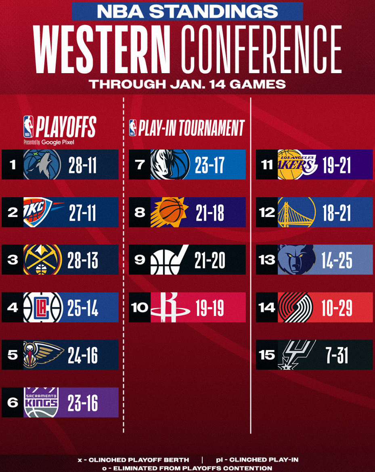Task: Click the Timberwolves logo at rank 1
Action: (x=42, y=164)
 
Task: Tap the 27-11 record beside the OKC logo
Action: (x=82, y=213)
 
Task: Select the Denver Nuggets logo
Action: (x=42, y=260)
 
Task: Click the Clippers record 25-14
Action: (x=83, y=308)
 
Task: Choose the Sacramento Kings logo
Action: (x=41, y=402)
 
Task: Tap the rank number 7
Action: (x=140, y=164)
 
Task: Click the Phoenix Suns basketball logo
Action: (x=170, y=212)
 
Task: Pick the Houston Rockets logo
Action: (x=170, y=308)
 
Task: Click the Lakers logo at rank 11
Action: (x=297, y=164)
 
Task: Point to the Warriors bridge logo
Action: (x=297, y=212)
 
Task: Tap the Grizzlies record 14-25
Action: (x=337, y=260)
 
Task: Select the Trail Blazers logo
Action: (x=295, y=308)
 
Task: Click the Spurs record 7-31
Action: (x=337, y=355)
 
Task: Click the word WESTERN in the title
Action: (x=101, y=48)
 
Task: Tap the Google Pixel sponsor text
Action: (x=57, y=142)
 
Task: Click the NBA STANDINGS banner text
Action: (x=187, y=11)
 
